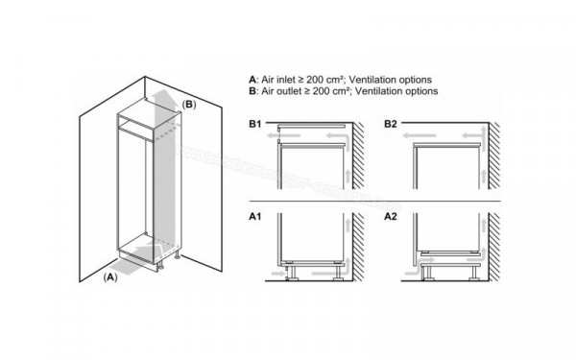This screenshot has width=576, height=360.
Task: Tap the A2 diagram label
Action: (391, 218)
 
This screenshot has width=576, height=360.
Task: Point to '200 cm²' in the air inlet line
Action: (331, 78)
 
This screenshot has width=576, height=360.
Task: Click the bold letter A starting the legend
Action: (252, 78)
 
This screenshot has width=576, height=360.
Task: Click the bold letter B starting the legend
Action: (252, 90)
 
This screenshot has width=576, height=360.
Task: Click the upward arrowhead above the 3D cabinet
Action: (159, 93)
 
